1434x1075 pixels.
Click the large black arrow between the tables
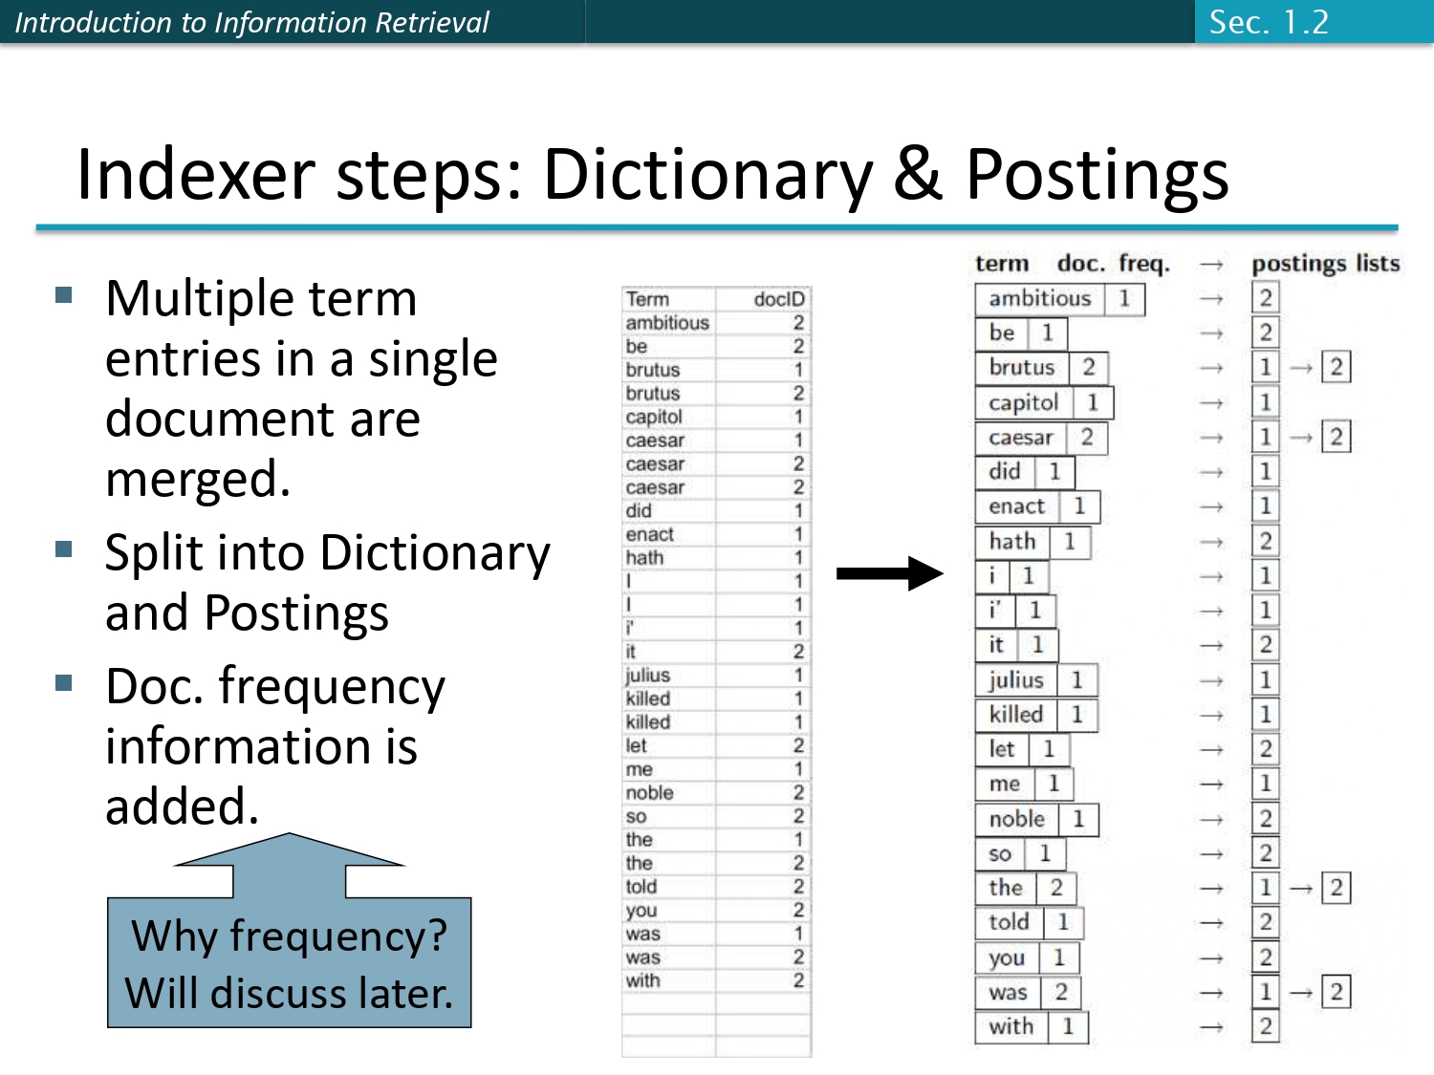point(889,573)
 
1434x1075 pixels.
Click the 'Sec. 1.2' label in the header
point(1269,22)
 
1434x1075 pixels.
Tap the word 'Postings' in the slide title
point(1097,175)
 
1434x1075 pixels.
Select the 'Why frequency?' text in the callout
point(289,935)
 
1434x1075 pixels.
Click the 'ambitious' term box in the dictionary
point(1039,299)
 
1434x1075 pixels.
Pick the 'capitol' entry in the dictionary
point(1023,403)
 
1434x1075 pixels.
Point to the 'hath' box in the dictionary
point(1012,542)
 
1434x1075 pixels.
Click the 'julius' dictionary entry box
point(1015,680)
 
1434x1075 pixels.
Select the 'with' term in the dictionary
point(1010,1027)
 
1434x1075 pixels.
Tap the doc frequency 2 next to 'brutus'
point(1088,368)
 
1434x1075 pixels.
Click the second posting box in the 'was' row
point(1336,992)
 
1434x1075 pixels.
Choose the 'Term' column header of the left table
point(648,299)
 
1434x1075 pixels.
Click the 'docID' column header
point(778,299)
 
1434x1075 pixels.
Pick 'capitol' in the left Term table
point(654,417)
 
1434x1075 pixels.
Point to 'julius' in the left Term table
point(647,676)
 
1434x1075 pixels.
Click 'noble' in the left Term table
point(649,793)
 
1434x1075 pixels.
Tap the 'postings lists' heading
point(1325,264)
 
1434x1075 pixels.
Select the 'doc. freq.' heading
point(1113,264)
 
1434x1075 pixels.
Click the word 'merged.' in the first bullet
point(198,479)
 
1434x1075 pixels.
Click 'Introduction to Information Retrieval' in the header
point(251,22)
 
